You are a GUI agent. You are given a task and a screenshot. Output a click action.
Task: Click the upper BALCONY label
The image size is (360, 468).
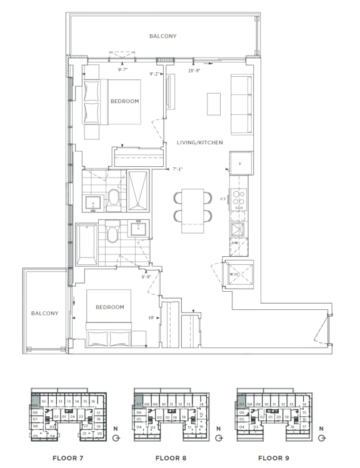[x=162, y=36]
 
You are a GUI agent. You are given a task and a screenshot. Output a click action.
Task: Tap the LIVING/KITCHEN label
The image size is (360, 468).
[x=199, y=142]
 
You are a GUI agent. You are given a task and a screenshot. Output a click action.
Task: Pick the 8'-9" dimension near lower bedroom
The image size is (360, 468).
[x=147, y=276]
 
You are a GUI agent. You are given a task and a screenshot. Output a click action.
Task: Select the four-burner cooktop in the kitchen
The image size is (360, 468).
[x=239, y=198]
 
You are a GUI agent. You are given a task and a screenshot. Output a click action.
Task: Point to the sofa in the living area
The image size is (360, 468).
[x=241, y=104]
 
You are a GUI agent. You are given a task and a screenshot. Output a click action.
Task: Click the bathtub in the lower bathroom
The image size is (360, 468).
[x=87, y=244]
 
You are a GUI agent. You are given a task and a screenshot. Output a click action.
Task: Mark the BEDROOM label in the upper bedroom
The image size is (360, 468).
[x=124, y=101]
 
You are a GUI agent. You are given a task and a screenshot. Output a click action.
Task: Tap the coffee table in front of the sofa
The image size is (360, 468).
[x=214, y=104]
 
